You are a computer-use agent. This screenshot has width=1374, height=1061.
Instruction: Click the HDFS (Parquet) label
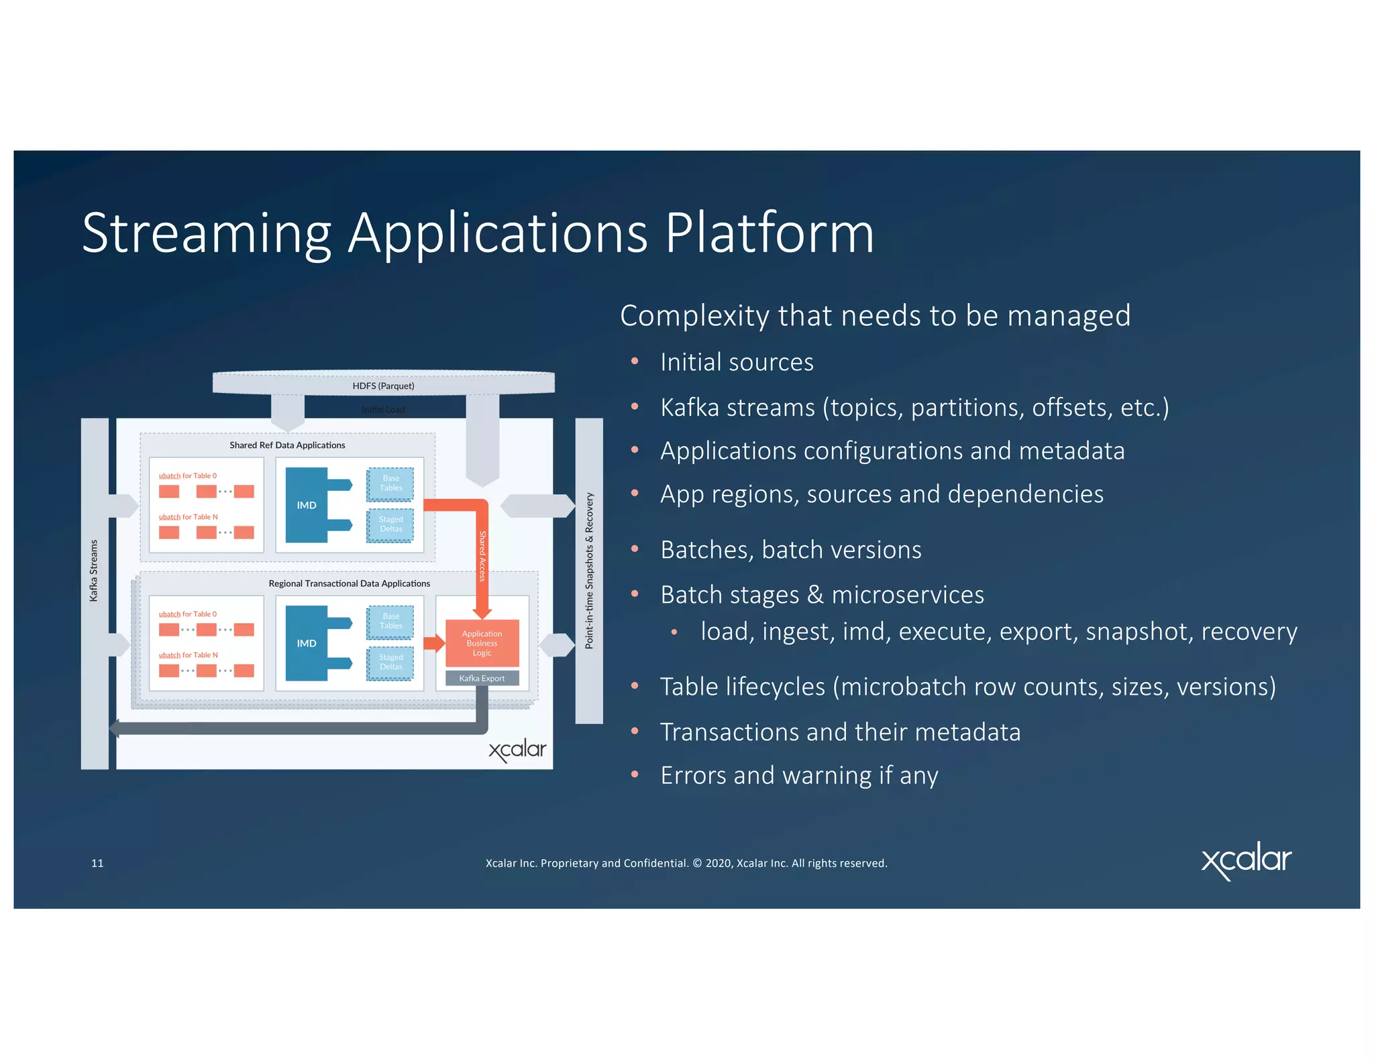coord(383,386)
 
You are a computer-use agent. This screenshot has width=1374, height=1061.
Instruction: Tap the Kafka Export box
coord(482,678)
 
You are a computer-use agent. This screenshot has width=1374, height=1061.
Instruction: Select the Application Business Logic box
coord(482,643)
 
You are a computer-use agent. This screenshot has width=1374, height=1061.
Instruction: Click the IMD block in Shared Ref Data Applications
coord(307,505)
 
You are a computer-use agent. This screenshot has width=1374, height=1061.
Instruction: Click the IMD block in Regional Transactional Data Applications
coord(307,643)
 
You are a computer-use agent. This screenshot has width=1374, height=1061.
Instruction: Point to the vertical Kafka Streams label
coord(94,570)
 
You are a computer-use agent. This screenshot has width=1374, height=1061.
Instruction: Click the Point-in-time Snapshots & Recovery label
coord(589,570)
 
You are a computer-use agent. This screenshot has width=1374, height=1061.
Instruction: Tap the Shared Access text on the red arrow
coord(482,555)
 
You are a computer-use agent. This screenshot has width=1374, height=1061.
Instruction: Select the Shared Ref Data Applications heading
coord(287,445)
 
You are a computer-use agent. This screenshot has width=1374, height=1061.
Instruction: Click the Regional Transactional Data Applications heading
coord(349,583)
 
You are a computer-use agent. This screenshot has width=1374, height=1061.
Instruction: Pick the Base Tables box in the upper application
coord(390,484)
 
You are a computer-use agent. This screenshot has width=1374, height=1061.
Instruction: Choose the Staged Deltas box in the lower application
coord(390,662)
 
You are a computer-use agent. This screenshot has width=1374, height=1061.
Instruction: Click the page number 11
coord(97,863)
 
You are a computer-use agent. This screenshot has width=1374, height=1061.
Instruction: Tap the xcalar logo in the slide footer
coord(1246,860)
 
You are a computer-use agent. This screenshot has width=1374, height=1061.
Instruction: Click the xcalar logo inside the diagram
coord(517,750)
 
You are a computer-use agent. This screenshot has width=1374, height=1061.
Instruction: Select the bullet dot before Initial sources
coord(634,362)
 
